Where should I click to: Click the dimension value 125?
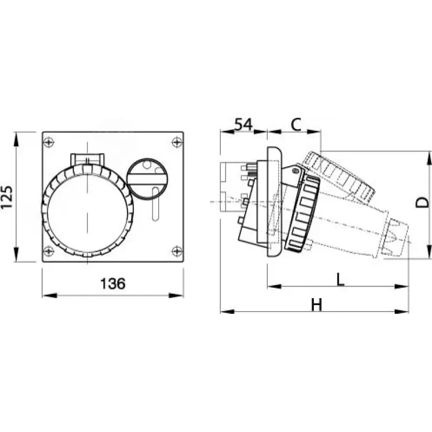pos(7,197)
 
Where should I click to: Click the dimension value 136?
pos(113,283)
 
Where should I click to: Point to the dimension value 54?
pos(244,124)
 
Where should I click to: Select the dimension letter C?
pos(296,125)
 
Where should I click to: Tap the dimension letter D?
pos(422,202)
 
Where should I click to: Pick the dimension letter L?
pos(340,280)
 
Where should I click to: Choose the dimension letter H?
pos(316,305)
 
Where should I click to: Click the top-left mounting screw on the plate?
pos(49,142)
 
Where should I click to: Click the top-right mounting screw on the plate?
pos(177,142)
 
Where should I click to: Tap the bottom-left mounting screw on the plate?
pos(49,251)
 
